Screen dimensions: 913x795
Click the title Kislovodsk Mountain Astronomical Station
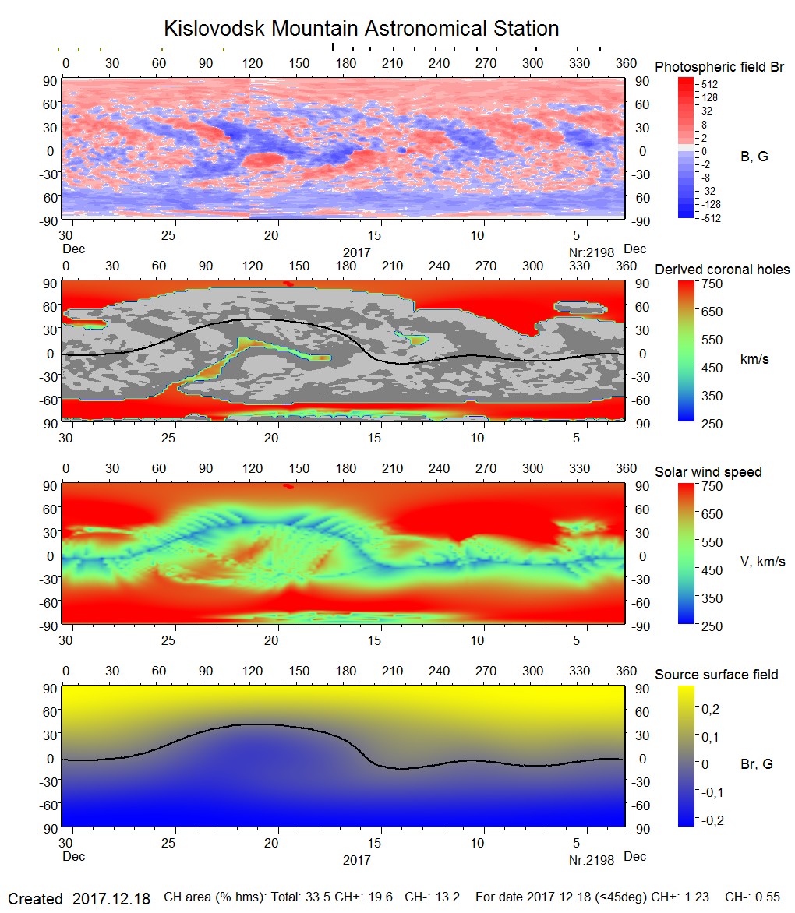[361, 29]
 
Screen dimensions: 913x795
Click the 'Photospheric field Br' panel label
[719, 67]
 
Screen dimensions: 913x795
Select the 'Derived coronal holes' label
[722, 270]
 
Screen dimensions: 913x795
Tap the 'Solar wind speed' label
[708, 472]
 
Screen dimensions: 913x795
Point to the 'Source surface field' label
[716, 675]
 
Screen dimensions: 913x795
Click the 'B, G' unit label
[754, 157]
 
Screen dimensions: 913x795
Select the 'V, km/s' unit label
[762, 562]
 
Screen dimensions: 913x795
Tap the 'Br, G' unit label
[756, 764]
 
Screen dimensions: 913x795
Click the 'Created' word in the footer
[35, 899]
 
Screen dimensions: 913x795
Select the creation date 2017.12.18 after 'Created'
[111, 899]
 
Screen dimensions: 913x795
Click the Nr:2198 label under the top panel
[592, 252]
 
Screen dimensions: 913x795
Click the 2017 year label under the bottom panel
[356, 860]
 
